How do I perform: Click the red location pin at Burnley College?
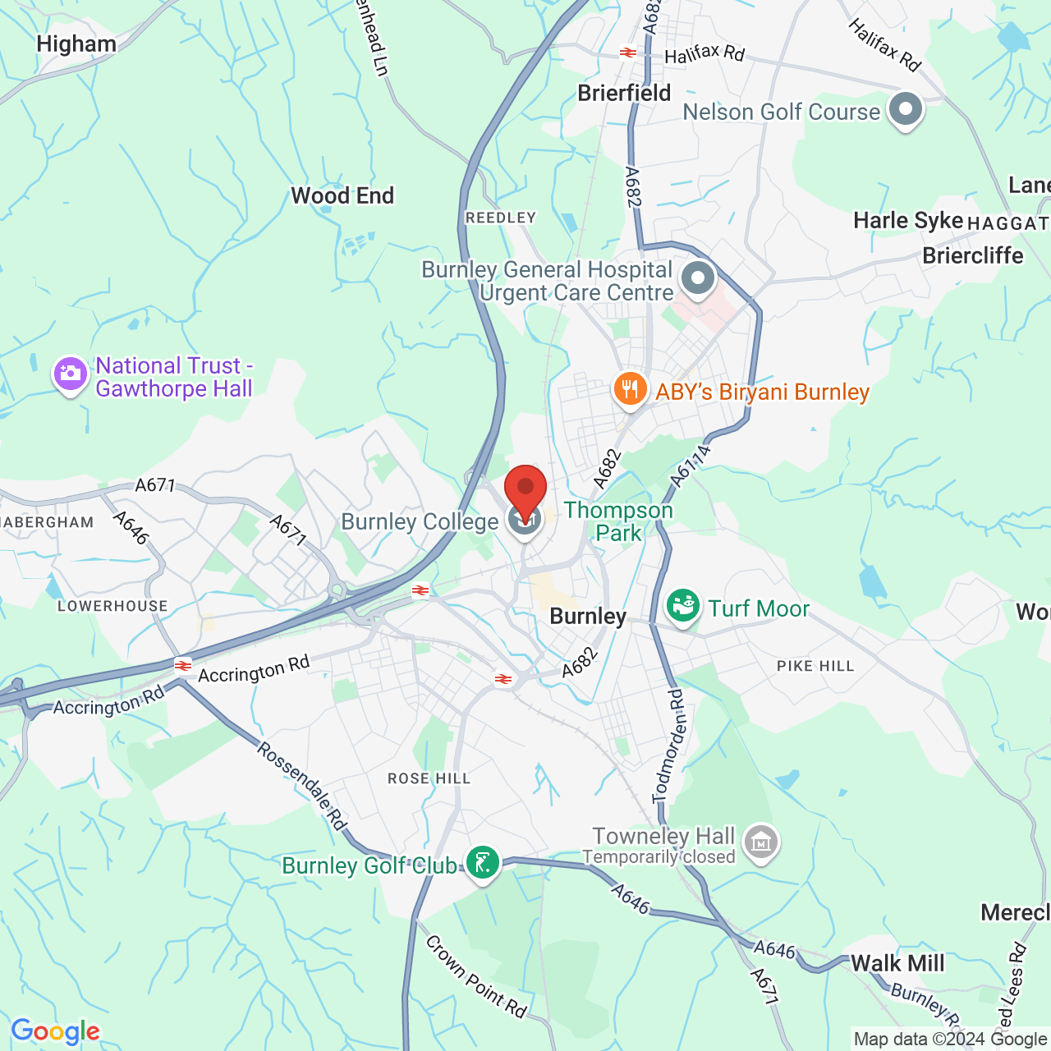click(x=525, y=490)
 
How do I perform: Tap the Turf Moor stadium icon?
click(x=682, y=607)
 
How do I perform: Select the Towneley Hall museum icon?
click(x=761, y=842)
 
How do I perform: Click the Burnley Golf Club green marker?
click(x=482, y=863)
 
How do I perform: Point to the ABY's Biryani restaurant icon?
click(x=630, y=389)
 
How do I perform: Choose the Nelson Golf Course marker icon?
click(x=906, y=109)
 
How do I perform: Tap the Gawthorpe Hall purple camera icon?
click(x=71, y=374)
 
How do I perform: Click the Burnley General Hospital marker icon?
click(x=698, y=278)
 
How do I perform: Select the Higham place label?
click(x=76, y=44)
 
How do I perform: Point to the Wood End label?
click(x=342, y=195)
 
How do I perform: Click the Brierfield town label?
click(x=624, y=93)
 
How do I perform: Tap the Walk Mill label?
click(x=897, y=963)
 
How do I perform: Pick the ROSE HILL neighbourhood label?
click(x=429, y=778)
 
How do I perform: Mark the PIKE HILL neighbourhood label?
click(x=815, y=666)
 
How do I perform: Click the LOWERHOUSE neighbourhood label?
click(x=112, y=606)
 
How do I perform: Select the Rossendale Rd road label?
click(x=301, y=784)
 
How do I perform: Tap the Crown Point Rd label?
click(x=476, y=977)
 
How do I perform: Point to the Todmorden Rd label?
click(x=668, y=746)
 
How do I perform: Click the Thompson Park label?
click(x=618, y=521)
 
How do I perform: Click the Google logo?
click(x=55, y=1031)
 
